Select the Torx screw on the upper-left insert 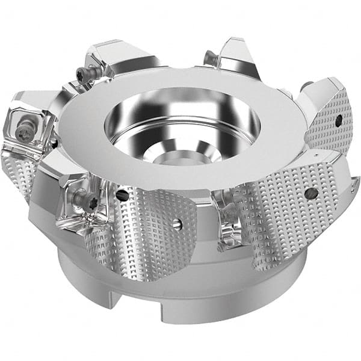[82, 73]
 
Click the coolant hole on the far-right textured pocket [339, 120]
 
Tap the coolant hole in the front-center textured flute [176, 224]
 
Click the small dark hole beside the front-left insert [122, 195]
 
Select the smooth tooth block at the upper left [120, 57]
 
